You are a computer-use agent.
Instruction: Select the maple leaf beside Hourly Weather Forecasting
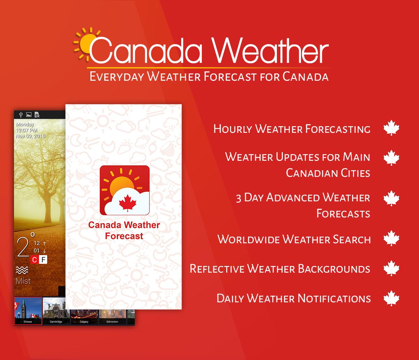click(x=391, y=129)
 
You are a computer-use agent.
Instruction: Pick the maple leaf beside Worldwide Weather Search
click(x=391, y=239)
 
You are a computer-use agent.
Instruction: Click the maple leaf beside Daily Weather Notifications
click(x=391, y=298)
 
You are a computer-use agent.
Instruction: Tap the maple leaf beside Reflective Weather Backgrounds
click(x=391, y=269)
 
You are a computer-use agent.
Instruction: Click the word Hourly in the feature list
click(x=233, y=129)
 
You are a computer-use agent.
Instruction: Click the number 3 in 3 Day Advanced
click(x=239, y=198)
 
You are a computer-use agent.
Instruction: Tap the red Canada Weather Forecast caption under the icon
click(x=124, y=231)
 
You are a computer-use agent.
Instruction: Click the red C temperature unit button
click(x=34, y=260)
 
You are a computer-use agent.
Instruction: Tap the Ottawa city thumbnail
click(x=28, y=311)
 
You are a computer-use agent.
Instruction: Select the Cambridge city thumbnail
click(x=56, y=311)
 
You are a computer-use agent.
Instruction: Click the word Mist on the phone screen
click(x=23, y=281)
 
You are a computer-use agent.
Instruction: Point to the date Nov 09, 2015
click(x=30, y=136)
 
